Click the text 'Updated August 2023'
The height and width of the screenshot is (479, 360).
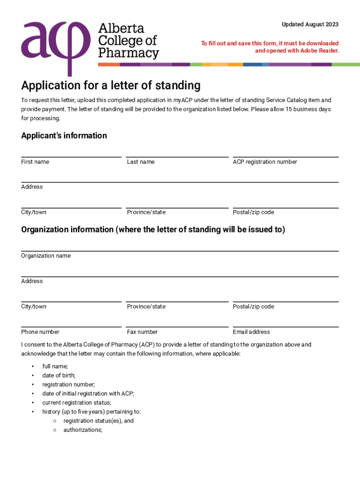click(310, 24)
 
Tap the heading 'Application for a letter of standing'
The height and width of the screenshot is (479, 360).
click(111, 86)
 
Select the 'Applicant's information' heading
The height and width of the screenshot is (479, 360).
click(64, 136)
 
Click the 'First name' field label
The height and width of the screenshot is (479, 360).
click(35, 162)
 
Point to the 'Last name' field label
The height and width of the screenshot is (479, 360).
click(141, 162)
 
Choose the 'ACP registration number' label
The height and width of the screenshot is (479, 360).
click(265, 162)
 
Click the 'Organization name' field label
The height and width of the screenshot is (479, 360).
click(46, 256)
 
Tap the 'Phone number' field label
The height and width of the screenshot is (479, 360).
click(40, 332)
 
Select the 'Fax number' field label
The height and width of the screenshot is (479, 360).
click(142, 332)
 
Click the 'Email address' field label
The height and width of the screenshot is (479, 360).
click(251, 332)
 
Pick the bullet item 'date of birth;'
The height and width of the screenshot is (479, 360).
click(59, 375)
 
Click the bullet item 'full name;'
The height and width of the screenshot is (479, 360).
click(55, 366)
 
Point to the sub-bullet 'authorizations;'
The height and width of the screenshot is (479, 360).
click(83, 430)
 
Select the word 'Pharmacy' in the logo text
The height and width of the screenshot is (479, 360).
click(128, 53)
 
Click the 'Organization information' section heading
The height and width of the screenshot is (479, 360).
click(153, 230)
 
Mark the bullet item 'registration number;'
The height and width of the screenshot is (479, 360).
click(68, 385)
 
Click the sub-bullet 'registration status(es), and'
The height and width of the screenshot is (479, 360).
click(99, 421)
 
